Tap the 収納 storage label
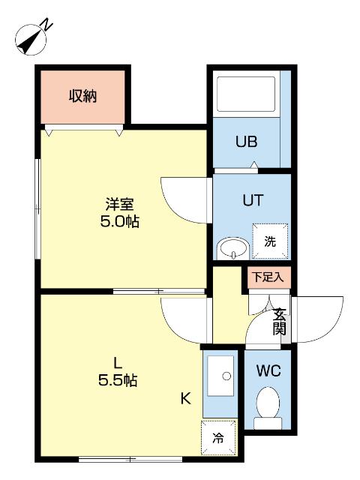coord(83,96)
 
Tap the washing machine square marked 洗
coord(267,241)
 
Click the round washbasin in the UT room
coord(232,248)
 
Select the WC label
coord(268,370)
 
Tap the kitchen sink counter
coord(220,381)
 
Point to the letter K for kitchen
coord(185,399)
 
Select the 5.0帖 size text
coord(121,221)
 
